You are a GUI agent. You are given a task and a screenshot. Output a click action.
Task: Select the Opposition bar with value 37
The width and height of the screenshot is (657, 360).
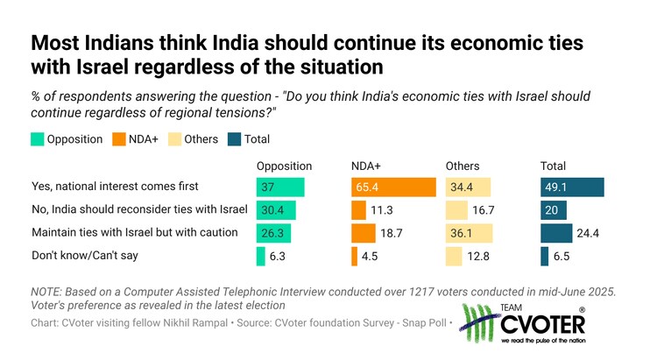[x=280, y=187]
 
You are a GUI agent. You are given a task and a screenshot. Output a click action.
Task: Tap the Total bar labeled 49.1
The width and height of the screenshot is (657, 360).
[x=572, y=187]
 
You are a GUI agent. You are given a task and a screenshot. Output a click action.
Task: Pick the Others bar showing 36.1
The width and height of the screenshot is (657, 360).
[x=469, y=233]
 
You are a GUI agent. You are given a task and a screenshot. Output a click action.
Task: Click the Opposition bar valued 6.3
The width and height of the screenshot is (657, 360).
[x=261, y=256]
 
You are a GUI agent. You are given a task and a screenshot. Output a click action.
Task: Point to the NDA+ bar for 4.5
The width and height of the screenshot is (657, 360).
[x=354, y=256]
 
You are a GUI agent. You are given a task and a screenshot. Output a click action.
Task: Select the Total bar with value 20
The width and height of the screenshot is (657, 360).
[x=554, y=210]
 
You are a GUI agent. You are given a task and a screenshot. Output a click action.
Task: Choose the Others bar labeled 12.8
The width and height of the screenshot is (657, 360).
[x=454, y=256]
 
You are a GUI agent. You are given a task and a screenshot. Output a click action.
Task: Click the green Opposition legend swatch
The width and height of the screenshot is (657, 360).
[x=37, y=139]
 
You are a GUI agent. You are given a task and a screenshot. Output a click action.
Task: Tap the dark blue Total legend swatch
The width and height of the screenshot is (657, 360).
[x=234, y=139]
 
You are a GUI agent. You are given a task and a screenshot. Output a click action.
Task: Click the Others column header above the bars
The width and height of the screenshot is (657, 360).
[x=463, y=166]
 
